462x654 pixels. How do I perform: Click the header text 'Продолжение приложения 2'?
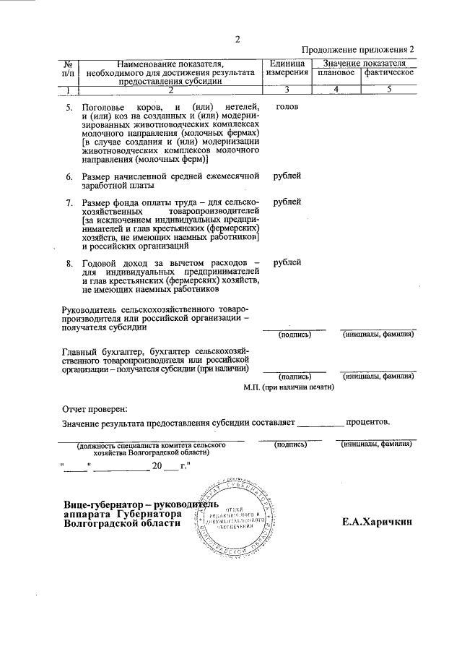point(359,50)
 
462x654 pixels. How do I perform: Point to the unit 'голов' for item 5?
point(287,106)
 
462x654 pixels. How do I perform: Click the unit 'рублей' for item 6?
point(287,176)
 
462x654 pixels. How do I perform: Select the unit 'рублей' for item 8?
point(287,262)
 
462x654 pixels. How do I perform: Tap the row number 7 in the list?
point(69,202)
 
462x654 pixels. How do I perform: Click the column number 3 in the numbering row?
point(287,90)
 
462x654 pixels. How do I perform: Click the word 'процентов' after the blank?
point(369,421)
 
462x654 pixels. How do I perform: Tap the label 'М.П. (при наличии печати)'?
point(289,387)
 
